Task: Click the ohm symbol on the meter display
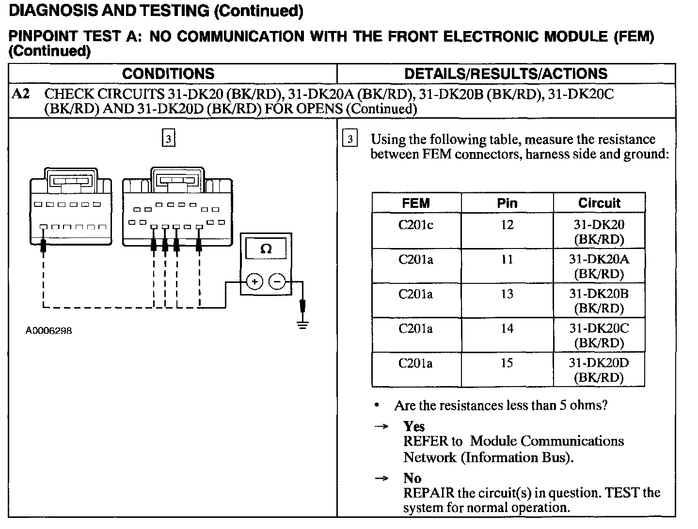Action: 266,249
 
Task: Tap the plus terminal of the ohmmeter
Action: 254,281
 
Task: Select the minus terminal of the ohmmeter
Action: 277,281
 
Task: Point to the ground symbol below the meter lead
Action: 303,324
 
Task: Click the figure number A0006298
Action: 48,331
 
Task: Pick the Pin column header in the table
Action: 507,203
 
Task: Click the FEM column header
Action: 416,203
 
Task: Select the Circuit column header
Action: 599,203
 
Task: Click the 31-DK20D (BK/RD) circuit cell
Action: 599,370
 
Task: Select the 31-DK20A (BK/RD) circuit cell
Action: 599,266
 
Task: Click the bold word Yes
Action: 414,427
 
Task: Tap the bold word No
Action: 412,479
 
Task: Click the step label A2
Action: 21,93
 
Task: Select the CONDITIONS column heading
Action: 168,74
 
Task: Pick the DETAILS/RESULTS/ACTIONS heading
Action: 506,74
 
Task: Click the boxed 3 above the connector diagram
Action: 168,139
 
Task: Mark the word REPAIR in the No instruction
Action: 428,493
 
